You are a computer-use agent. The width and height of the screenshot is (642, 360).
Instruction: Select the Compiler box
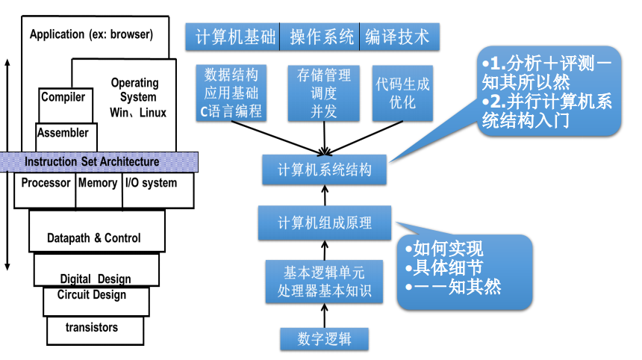coord(63,98)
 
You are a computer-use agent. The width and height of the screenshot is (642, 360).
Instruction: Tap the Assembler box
coord(63,133)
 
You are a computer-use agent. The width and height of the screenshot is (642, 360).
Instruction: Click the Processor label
coord(46,183)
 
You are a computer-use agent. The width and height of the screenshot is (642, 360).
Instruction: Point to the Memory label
coord(98,183)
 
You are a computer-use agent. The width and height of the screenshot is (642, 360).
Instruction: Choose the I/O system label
coord(151,183)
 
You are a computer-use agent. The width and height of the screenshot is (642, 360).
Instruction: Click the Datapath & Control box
coord(93,238)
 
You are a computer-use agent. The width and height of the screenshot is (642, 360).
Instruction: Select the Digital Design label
coord(96,279)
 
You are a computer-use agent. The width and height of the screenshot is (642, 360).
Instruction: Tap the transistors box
coord(92,327)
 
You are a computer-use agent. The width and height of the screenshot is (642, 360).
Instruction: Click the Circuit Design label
coord(92,295)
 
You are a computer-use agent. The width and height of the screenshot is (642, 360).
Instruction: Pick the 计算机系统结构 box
coord(324,170)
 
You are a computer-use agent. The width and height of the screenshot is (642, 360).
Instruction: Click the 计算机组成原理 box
coord(324,223)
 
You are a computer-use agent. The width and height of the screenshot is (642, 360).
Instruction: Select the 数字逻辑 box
coord(323,339)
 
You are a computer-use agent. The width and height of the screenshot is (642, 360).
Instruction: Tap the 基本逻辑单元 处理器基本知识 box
coord(324,281)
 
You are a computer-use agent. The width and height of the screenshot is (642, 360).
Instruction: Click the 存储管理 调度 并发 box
coord(324,93)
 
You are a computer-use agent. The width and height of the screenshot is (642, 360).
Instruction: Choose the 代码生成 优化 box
coord(403,93)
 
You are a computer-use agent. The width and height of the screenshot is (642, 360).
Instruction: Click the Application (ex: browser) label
coord(91,34)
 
